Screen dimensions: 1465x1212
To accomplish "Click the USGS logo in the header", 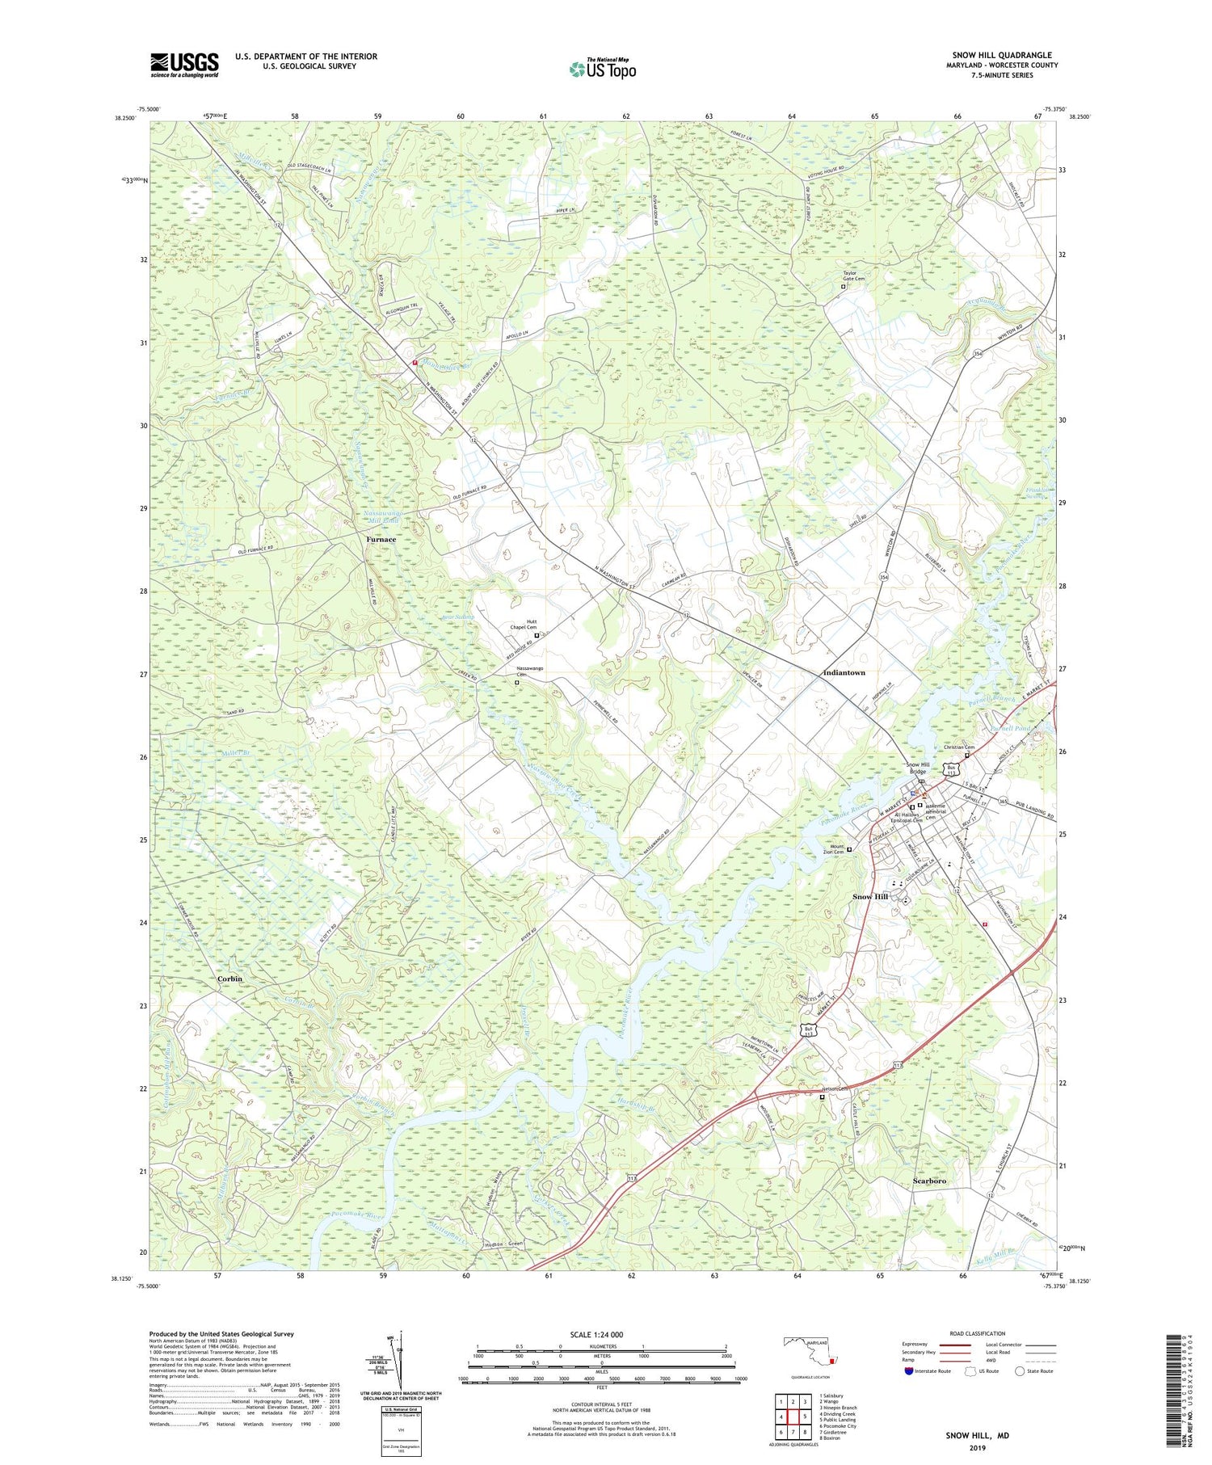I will point(184,65).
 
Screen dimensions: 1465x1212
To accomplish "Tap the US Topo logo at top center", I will point(602,69).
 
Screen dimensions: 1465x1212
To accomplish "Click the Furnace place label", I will point(381,539).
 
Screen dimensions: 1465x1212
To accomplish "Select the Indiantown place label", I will point(844,672).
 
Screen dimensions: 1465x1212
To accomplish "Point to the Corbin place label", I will point(229,979).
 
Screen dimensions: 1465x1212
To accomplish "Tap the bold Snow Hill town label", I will point(870,897).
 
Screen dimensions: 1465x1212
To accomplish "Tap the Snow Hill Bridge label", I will point(917,768).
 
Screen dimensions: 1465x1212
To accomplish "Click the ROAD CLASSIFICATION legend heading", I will point(977,1333).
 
